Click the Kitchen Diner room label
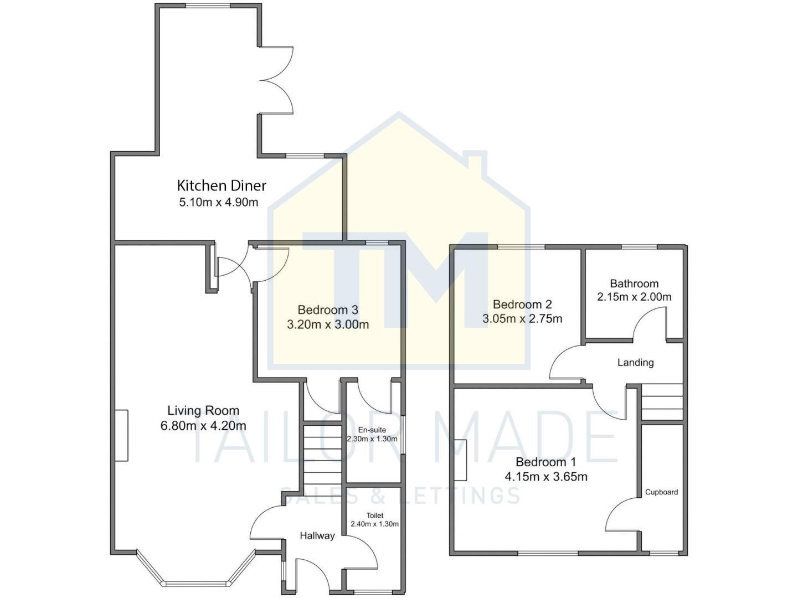[222, 185]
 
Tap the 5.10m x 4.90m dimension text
[219, 202]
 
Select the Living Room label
[203, 411]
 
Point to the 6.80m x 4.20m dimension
[203, 426]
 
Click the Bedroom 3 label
[328, 310]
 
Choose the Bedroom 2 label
[522, 305]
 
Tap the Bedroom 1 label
[545, 462]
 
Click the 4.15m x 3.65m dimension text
[545, 477]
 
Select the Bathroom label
[634, 283]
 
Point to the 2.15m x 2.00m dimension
[634, 297]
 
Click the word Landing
[635, 363]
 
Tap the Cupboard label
[661, 492]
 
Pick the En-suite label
[372, 430]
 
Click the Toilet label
[375, 515]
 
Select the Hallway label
[317, 535]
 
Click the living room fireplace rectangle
[122, 435]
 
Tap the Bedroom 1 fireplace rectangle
[460, 460]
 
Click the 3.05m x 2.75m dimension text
[522, 319]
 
